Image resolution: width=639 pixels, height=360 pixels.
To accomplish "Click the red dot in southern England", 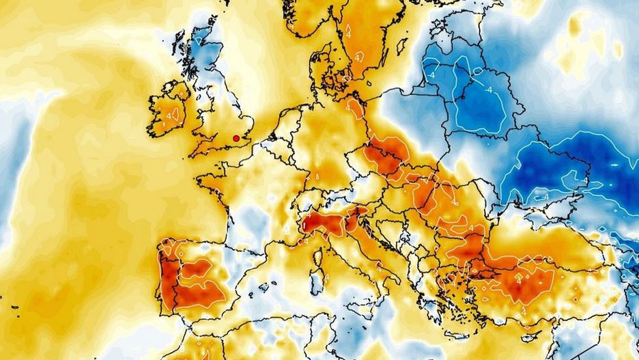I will pyautogui.click(x=236, y=139).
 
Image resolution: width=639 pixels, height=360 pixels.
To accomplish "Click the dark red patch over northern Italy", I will pyautogui.click(x=321, y=222).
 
